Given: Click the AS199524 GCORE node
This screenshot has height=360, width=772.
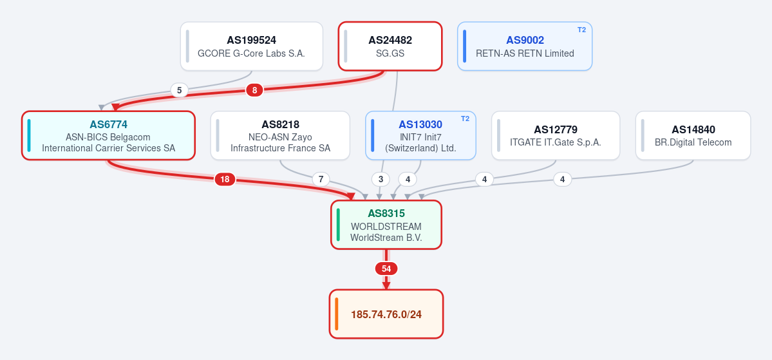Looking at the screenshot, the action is [252, 46].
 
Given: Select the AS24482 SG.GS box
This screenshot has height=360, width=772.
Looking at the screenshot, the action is [390, 46].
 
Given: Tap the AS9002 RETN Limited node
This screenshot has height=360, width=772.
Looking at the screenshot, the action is [525, 46].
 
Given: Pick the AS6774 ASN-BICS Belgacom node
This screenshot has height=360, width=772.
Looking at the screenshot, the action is [108, 135].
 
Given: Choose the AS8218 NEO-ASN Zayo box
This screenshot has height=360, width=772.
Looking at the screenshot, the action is [280, 135].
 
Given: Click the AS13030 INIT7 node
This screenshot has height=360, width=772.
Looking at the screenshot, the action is [420, 135].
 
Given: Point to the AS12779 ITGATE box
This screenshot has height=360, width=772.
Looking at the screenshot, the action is [556, 135].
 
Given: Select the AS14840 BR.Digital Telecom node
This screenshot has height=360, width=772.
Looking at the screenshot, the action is [693, 135].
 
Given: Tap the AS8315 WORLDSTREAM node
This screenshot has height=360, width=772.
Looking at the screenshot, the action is [386, 225].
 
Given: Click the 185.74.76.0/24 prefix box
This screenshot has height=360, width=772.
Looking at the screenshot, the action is [386, 314].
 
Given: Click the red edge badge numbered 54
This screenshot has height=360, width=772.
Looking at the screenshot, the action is [386, 269].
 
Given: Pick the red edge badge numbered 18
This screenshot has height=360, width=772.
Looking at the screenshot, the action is [225, 179].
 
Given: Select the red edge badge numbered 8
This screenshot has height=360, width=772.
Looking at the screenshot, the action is [254, 90].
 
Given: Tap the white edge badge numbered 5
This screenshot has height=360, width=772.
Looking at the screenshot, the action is [179, 90].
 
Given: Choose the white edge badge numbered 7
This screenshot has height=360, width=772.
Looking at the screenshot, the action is [321, 179].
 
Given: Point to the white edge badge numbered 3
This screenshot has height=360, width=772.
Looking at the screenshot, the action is [381, 179].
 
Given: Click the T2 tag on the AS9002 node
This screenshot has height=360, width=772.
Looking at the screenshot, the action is [581, 30].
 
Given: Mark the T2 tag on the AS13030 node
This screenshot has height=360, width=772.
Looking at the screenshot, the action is [466, 118].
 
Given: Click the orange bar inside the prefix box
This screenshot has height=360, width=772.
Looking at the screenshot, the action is [336, 314].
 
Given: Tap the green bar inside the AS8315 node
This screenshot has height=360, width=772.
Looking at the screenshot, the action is [338, 225].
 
